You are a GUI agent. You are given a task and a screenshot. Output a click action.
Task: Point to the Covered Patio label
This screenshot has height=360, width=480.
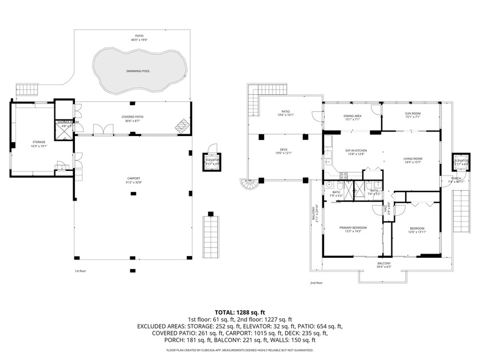coord(133,117)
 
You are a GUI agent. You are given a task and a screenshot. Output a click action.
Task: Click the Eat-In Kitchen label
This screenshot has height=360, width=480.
coord(355,150)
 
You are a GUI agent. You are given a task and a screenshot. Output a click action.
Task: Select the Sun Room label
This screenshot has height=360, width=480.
coord(413,113)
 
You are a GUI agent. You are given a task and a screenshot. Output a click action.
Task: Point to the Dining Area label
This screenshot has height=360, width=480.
coord(352,115)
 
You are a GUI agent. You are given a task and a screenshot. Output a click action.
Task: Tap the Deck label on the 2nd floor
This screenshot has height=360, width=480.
coord(284,150)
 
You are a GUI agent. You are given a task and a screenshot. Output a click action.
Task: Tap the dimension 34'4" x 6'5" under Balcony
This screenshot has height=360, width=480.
coord(383,267)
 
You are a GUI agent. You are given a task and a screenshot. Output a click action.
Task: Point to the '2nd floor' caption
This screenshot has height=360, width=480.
coord(317,283)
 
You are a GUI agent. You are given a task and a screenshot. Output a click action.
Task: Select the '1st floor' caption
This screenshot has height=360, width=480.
coord(80,271)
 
